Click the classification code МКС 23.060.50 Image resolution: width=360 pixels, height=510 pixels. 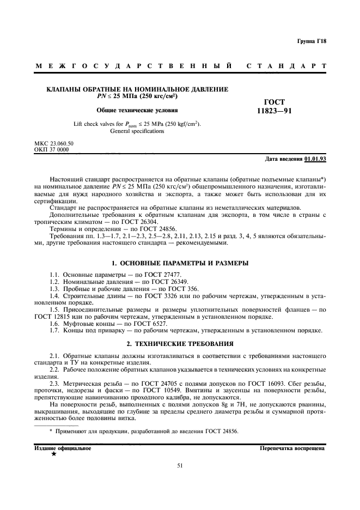(x=53, y=143)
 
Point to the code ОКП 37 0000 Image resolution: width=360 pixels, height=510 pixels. (x=51, y=149)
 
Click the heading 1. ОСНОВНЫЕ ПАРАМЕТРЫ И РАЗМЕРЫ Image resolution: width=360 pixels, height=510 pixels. (x=180, y=263)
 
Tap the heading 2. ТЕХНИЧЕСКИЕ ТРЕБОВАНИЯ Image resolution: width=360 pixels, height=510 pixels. (x=180, y=344)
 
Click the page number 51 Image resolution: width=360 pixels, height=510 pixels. (x=180, y=465)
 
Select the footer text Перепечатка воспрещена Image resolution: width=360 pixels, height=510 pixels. (x=292, y=448)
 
